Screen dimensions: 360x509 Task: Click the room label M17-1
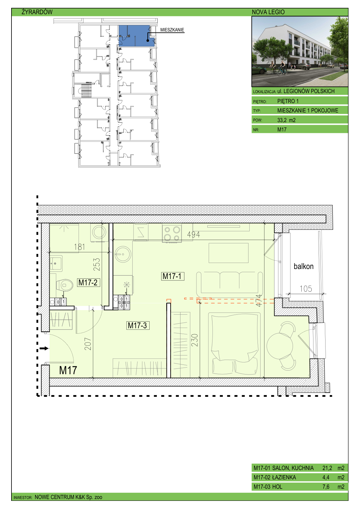pos(173,276)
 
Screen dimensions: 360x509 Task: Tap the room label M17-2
pos(88,282)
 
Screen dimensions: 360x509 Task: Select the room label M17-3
pos(138,326)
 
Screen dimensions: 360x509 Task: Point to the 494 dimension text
pos(193,235)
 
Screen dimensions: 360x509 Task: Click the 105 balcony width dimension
pos(306,289)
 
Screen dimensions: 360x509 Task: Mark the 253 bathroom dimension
pos(97,264)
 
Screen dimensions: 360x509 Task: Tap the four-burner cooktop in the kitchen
pos(172,234)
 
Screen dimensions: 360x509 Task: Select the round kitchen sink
pos(123,254)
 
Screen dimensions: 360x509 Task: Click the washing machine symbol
pos(99,232)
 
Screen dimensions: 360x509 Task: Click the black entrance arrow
pos(44,348)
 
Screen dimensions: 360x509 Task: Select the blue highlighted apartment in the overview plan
pos(137,36)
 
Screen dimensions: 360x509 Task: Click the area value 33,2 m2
pos(286,120)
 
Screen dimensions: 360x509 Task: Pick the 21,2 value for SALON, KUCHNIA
pos(327,468)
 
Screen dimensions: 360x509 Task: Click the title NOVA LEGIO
pos(268,12)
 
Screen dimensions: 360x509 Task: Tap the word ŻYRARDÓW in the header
pos(37,12)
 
